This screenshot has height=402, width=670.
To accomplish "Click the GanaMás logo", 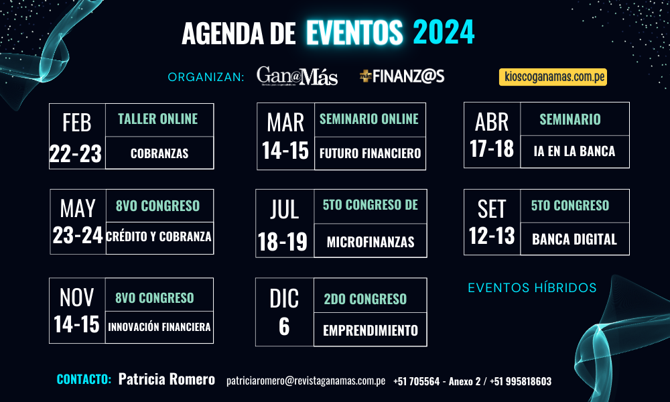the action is [x=297, y=76].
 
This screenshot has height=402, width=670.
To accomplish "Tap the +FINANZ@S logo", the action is [x=402, y=76].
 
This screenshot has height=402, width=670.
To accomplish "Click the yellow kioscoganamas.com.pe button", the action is [x=553, y=77].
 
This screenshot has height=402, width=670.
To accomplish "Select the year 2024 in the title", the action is [x=444, y=32].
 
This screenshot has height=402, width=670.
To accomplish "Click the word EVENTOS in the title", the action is [x=354, y=32].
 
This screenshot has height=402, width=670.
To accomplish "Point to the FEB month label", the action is [x=77, y=123].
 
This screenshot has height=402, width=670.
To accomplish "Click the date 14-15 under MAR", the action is [x=285, y=151].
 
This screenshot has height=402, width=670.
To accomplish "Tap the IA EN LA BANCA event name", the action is [x=574, y=151].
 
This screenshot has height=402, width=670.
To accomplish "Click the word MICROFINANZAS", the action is [x=371, y=243].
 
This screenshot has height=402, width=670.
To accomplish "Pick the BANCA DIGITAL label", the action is [x=574, y=239].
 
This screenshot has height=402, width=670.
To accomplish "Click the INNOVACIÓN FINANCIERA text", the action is [x=159, y=327].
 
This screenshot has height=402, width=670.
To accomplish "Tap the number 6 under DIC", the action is [x=284, y=327].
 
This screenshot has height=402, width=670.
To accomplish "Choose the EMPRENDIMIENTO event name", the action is [x=371, y=330].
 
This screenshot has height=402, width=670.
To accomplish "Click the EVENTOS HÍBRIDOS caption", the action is [x=533, y=288].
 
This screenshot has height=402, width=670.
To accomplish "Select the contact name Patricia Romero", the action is [x=167, y=379].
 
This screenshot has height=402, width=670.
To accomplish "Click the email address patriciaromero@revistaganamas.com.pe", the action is [x=306, y=381].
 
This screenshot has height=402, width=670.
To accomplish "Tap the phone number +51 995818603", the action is [x=521, y=381].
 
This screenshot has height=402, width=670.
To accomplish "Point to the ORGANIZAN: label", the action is [x=206, y=77].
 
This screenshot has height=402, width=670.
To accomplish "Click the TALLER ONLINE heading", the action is [x=157, y=119].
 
